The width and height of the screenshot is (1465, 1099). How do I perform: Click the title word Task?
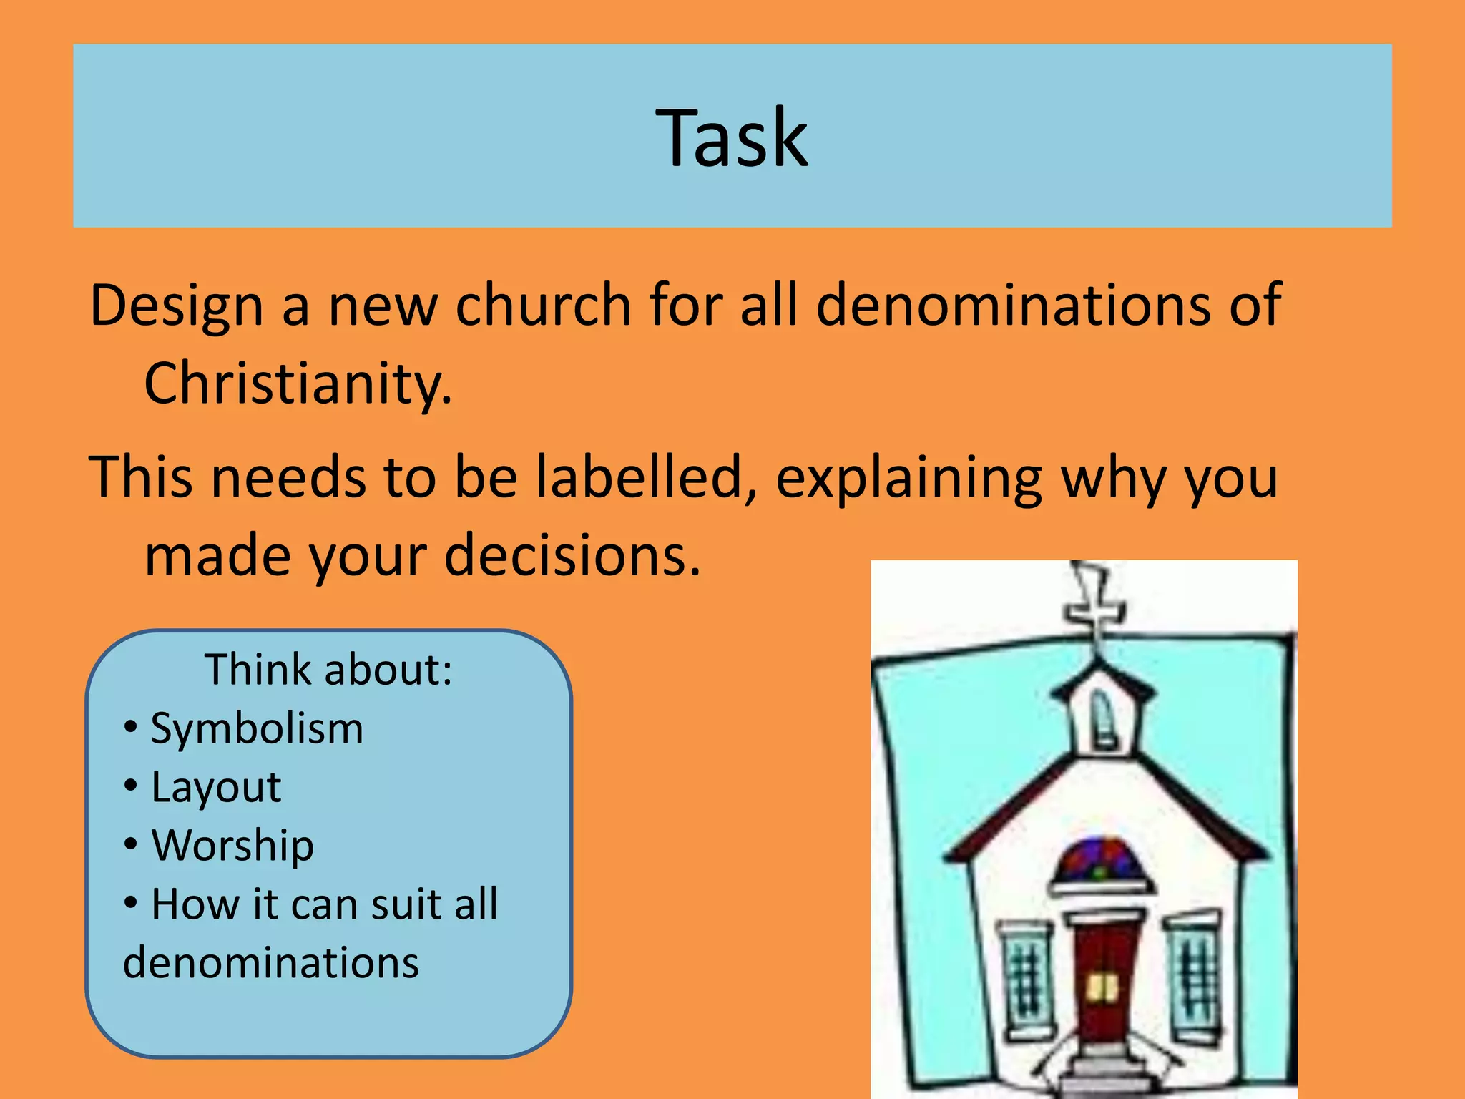[x=732, y=137]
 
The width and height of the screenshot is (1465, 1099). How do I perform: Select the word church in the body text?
[x=543, y=305]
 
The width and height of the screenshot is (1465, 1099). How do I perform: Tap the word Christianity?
[x=298, y=384]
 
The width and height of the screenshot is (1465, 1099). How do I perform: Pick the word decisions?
[x=572, y=556]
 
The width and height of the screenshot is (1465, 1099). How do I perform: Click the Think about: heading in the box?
[x=328, y=670]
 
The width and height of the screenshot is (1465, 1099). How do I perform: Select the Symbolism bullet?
[x=256, y=729]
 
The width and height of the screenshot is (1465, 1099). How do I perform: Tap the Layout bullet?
[x=216, y=788]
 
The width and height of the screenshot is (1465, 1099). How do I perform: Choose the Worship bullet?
[x=232, y=846]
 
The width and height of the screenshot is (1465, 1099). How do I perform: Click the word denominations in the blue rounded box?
[x=271, y=963]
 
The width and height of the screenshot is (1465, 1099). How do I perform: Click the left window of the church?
[x=1027, y=980]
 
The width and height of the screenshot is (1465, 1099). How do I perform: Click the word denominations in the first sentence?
[x=1011, y=305]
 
